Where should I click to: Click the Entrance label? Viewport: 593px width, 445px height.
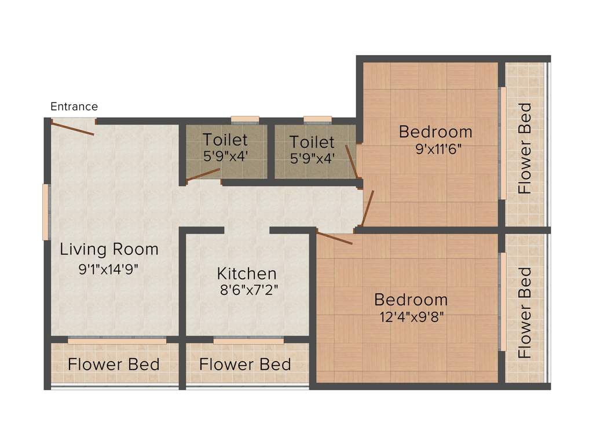(x=74, y=107)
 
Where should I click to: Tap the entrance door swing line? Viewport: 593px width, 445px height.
(x=73, y=128)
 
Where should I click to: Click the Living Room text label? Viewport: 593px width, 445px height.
(x=109, y=250)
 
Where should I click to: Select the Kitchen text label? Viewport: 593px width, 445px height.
(x=247, y=273)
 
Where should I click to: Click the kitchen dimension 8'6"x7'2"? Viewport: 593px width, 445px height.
(x=248, y=290)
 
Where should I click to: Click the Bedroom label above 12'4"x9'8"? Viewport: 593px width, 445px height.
(x=411, y=300)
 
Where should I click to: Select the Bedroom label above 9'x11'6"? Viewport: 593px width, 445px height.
(x=435, y=132)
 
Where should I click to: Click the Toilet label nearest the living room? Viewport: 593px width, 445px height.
(x=225, y=140)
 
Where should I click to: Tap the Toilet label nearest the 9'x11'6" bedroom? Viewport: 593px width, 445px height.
(x=312, y=141)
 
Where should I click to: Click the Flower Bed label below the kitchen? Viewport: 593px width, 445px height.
(x=245, y=364)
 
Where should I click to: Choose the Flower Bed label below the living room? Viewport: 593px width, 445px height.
(x=114, y=364)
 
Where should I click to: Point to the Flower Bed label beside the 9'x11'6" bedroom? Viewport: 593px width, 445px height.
(x=525, y=148)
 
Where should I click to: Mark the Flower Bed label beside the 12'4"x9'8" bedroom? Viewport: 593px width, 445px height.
(x=525, y=312)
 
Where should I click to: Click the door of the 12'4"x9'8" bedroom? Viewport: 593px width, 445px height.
(x=335, y=238)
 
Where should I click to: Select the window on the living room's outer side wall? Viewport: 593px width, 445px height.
(x=46, y=212)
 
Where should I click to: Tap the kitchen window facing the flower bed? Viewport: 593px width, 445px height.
(x=248, y=341)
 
